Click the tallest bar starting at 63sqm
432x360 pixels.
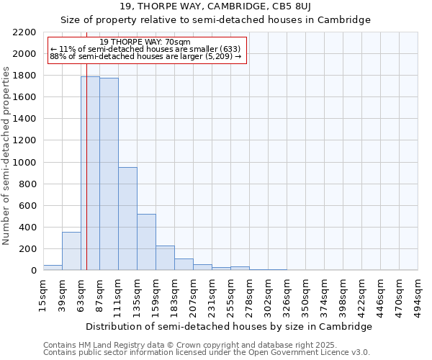click(x=90, y=173)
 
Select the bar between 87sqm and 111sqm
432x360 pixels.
click(x=109, y=174)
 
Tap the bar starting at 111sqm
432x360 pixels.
click(x=127, y=218)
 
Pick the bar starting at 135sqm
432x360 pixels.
click(x=146, y=242)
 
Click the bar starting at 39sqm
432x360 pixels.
click(x=71, y=251)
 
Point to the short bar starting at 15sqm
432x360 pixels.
click(x=53, y=267)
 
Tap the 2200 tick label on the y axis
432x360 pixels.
click(x=24, y=32)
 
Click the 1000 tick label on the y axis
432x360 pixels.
click(x=24, y=163)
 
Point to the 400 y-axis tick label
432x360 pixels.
click(x=27, y=228)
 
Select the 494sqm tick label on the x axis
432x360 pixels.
click(x=418, y=294)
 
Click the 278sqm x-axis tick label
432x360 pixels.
click(x=250, y=294)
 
